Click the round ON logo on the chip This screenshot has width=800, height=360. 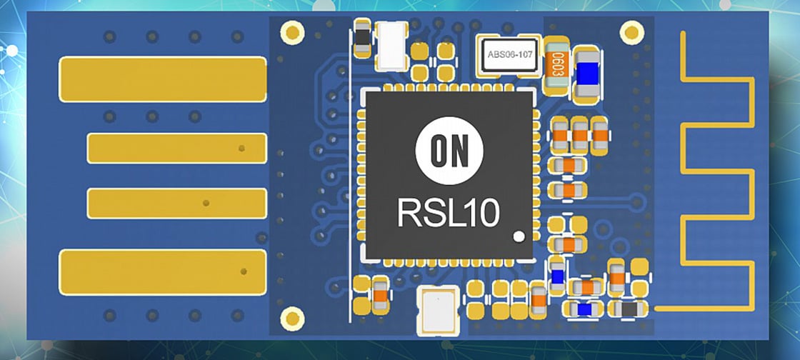[x=449, y=150]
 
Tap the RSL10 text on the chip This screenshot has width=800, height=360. [x=449, y=212]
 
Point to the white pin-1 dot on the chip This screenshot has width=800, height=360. [x=519, y=234]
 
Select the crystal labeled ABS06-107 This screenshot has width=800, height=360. [x=509, y=54]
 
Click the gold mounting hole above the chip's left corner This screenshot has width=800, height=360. [x=291, y=31]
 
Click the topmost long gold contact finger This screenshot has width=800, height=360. [x=163, y=79]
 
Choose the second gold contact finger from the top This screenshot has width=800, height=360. [x=176, y=148]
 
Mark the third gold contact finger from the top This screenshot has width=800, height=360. [x=176, y=204]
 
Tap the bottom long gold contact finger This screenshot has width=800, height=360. [x=163, y=272]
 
